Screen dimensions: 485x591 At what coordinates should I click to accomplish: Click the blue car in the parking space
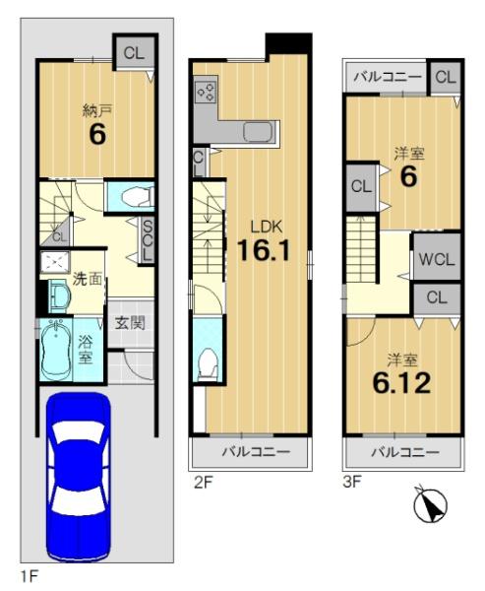(79, 476)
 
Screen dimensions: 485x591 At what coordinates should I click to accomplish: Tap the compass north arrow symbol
(430, 505)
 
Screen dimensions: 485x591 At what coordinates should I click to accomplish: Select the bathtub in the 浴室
(56, 350)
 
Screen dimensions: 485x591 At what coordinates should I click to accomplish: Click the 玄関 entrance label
(130, 323)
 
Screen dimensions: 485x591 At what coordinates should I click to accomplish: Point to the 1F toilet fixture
(138, 196)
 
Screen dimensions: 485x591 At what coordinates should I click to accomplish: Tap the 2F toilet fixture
(209, 362)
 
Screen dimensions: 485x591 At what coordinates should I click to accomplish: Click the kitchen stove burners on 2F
(206, 93)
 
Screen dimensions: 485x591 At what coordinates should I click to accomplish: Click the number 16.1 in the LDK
(264, 250)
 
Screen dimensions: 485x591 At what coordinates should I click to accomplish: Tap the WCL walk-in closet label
(437, 259)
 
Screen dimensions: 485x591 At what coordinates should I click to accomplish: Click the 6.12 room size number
(401, 383)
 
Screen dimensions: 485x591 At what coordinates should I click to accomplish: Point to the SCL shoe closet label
(148, 241)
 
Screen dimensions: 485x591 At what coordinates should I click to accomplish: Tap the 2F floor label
(203, 483)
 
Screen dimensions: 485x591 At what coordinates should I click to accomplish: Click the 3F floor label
(352, 482)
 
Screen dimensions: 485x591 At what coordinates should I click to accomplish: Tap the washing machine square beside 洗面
(55, 262)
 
